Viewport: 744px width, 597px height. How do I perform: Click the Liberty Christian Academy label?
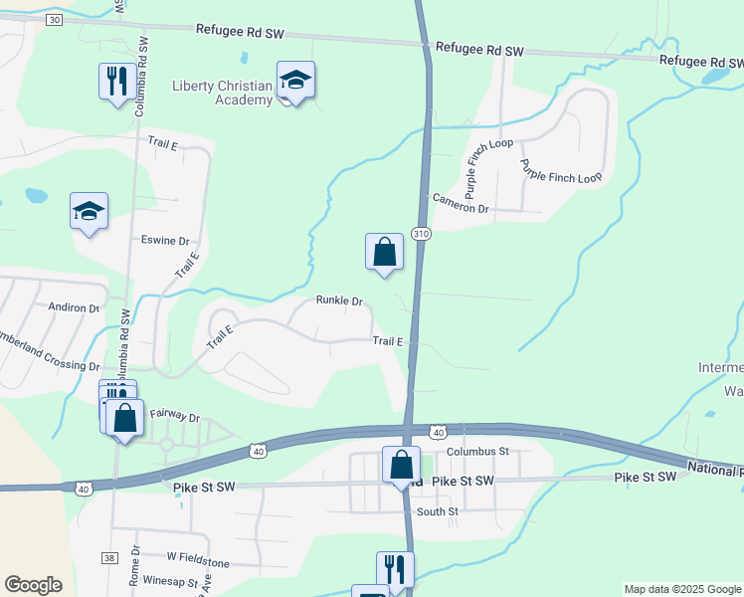[x=222, y=93]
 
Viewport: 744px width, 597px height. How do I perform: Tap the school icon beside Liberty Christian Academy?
[x=295, y=80]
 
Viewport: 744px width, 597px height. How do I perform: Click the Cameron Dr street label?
[x=461, y=209]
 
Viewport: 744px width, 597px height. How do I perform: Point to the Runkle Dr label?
[x=339, y=300]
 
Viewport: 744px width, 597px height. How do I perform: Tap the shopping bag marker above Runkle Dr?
[x=384, y=253]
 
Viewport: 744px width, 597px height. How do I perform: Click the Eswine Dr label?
[x=164, y=241]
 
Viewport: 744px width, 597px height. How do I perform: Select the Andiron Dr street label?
[x=75, y=308]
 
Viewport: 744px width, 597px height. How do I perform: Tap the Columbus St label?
[x=477, y=451]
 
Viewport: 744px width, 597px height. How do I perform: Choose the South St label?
[x=438, y=511]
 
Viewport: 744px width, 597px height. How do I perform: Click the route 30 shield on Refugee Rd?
[x=54, y=20]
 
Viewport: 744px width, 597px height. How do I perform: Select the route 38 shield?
[x=108, y=559]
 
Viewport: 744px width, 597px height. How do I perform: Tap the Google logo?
[x=33, y=585]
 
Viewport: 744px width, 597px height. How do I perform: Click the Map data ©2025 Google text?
[x=682, y=589]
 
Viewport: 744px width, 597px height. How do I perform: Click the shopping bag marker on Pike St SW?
[x=402, y=465]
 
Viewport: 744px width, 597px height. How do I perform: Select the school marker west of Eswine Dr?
[x=89, y=211]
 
